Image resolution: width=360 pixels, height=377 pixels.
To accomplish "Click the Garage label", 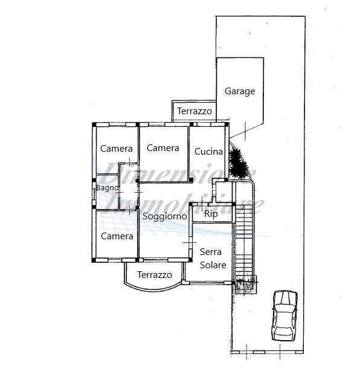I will click(x=240, y=92).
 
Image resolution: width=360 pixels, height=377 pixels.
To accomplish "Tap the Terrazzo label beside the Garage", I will click(x=194, y=112).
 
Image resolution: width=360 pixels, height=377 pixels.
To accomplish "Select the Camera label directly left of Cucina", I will click(x=162, y=148).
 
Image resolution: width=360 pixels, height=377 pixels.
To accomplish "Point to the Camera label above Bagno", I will click(x=117, y=149).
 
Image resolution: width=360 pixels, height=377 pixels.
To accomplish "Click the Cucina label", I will click(x=208, y=152).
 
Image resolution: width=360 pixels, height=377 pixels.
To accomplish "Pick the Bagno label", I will click(x=107, y=188).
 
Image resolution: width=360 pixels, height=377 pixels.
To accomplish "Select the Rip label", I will click(x=211, y=214).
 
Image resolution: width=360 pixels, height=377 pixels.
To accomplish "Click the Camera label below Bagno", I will click(x=117, y=236).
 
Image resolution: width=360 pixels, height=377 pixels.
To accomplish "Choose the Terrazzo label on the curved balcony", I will click(x=155, y=275).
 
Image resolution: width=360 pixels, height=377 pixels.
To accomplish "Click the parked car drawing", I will click(x=284, y=315).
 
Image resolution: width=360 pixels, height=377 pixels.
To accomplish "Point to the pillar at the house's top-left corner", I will click(x=94, y=124).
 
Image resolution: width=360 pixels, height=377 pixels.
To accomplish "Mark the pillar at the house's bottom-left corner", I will click(x=94, y=260).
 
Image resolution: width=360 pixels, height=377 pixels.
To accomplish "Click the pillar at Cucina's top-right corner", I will click(x=227, y=124).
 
